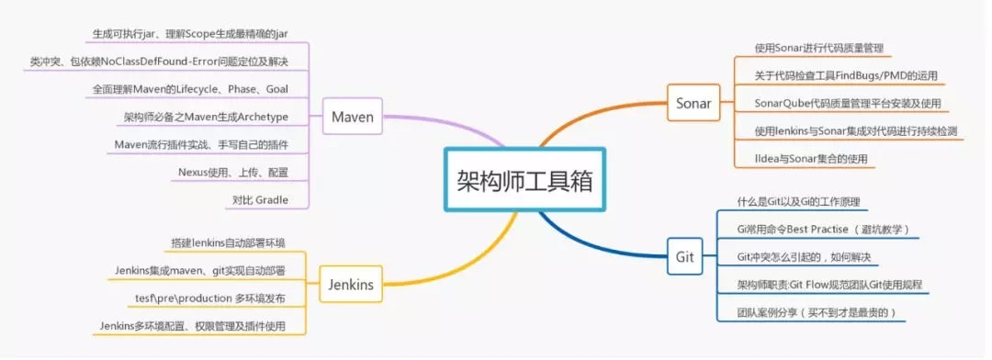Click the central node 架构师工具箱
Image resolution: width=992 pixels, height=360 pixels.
tap(524, 179)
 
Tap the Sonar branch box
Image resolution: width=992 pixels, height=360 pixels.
tap(693, 103)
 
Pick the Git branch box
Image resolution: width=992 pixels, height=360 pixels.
tap(684, 256)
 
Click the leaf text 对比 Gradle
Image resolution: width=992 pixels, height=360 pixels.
tap(261, 199)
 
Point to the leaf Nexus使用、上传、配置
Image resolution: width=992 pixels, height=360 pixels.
tap(233, 172)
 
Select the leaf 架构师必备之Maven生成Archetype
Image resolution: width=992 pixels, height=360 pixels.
tap(207, 117)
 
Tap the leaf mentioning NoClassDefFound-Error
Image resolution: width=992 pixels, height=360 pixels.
tap(159, 62)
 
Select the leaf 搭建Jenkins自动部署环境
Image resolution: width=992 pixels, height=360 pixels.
tap(228, 243)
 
